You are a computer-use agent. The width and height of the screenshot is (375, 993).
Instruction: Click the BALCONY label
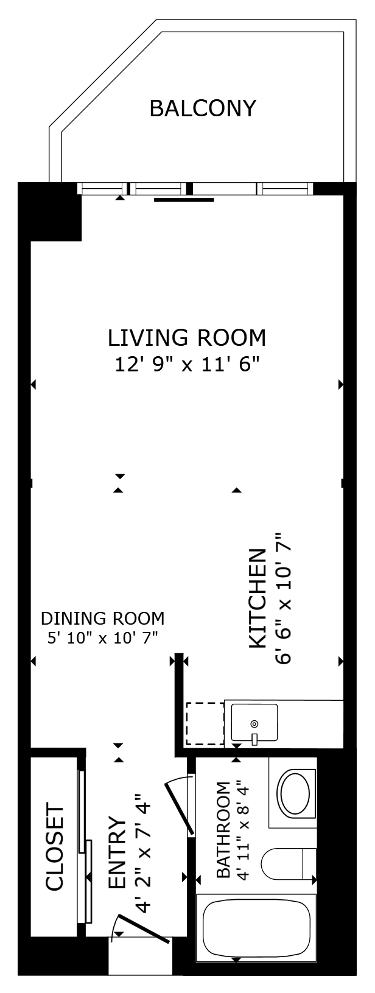[203, 108]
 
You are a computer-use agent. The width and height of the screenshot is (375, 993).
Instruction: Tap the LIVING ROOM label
[187, 338]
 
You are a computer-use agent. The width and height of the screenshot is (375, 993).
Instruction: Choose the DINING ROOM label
[102, 618]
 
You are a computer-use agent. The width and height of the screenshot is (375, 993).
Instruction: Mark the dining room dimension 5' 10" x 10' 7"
[102, 637]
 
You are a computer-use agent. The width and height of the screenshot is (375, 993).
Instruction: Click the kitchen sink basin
[254, 722]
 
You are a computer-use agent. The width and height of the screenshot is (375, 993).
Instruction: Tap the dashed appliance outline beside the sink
[205, 723]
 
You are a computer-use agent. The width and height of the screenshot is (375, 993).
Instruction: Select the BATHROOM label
[223, 830]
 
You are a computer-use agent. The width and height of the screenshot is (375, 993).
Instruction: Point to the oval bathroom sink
[293, 792]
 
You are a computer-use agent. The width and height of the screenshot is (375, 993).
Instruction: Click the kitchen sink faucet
[254, 738]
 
